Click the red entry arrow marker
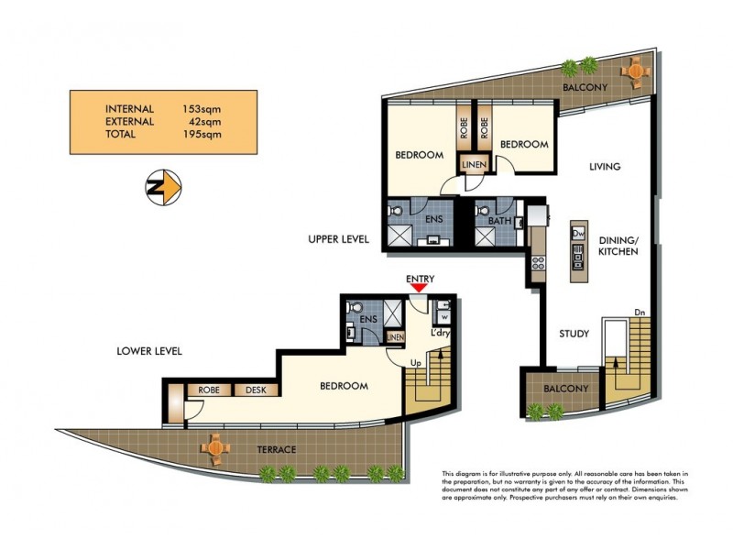[419, 288]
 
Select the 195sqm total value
[202, 134]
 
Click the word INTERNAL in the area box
[130, 108]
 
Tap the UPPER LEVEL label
[338, 239]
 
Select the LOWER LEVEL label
[149, 351]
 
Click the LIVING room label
[605, 167]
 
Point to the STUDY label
[574, 334]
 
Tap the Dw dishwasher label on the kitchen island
[578, 234]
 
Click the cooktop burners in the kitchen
[539, 261]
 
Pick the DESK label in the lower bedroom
[256, 390]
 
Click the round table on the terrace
[215, 446]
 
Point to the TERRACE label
[276, 450]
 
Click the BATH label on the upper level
[499, 220]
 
